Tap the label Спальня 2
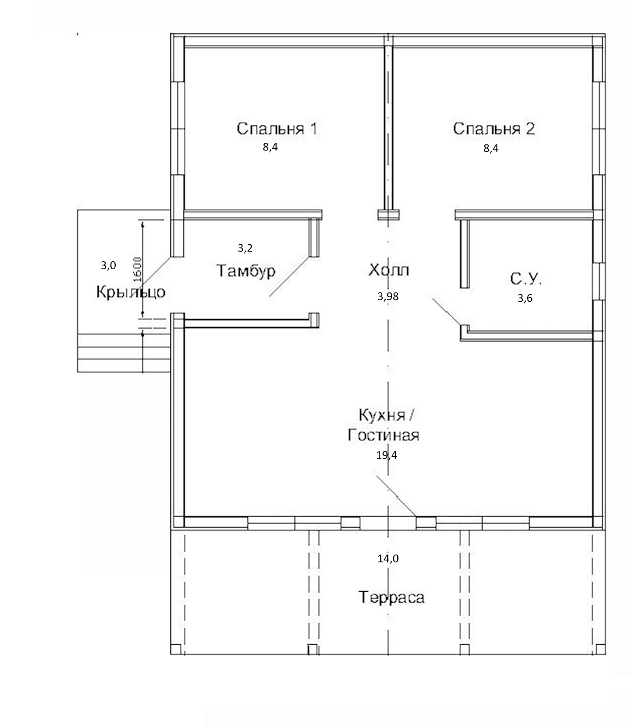pos(494,129)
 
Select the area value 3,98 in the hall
pos(388,297)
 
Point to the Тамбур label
pos(246,271)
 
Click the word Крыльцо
pos(131,292)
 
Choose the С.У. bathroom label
pos(525,279)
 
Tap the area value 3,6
pos(525,298)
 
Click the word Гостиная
pos(383,436)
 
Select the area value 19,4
pos(386,455)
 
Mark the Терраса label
pos(391,597)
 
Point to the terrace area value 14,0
pos(388,559)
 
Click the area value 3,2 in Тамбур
pos(245,248)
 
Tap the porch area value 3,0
pos(108,266)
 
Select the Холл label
pos(388,270)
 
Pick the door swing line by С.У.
pos(446,311)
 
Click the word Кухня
pos(382,415)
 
